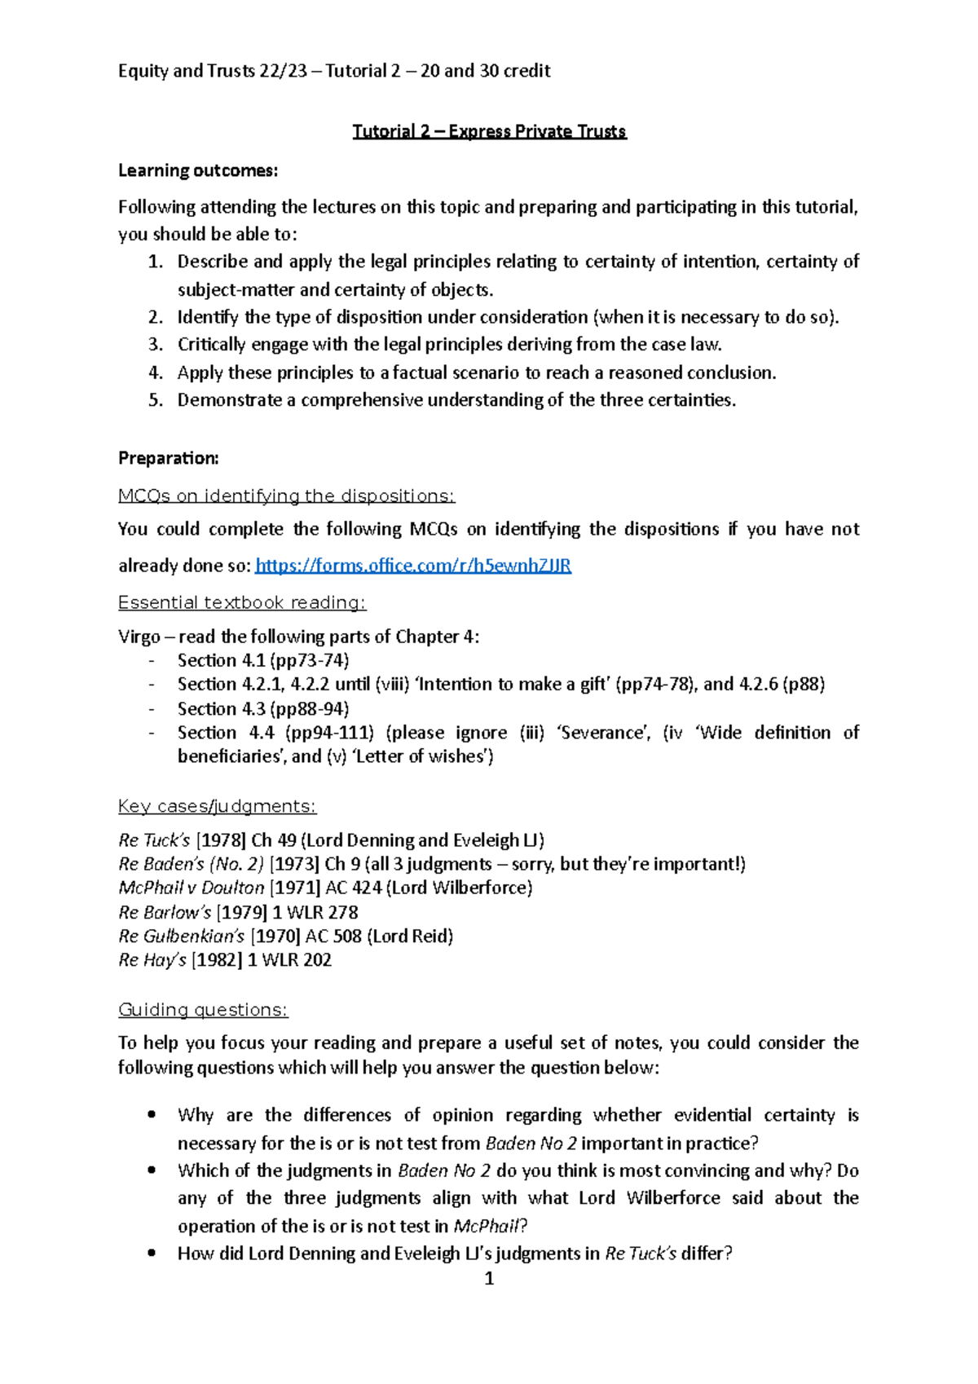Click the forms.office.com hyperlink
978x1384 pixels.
pyautogui.click(x=412, y=566)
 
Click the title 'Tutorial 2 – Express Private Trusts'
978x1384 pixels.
pyautogui.click(x=489, y=131)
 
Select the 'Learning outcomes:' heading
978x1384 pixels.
pyautogui.click(x=198, y=170)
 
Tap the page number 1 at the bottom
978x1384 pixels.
pyautogui.click(x=489, y=1279)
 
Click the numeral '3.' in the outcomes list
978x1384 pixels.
pyautogui.click(x=156, y=345)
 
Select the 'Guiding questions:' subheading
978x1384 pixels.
pyautogui.click(x=203, y=1010)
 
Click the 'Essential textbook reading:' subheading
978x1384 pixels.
pyautogui.click(x=242, y=602)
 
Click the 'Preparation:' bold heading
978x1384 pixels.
pyautogui.click(x=168, y=458)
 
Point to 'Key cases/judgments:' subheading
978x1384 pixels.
pyautogui.click(x=217, y=806)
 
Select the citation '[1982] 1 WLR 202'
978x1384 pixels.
pyautogui.click(x=262, y=960)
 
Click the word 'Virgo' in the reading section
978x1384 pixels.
pyautogui.click(x=139, y=637)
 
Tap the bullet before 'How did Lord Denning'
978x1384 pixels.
pyautogui.click(x=151, y=1253)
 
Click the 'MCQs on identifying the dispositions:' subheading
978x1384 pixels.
pyautogui.click(x=286, y=496)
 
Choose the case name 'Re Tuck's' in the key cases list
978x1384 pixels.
pyautogui.click(x=154, y=840)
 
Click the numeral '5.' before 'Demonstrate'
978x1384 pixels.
pyautogui.click(x=156, y=400)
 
